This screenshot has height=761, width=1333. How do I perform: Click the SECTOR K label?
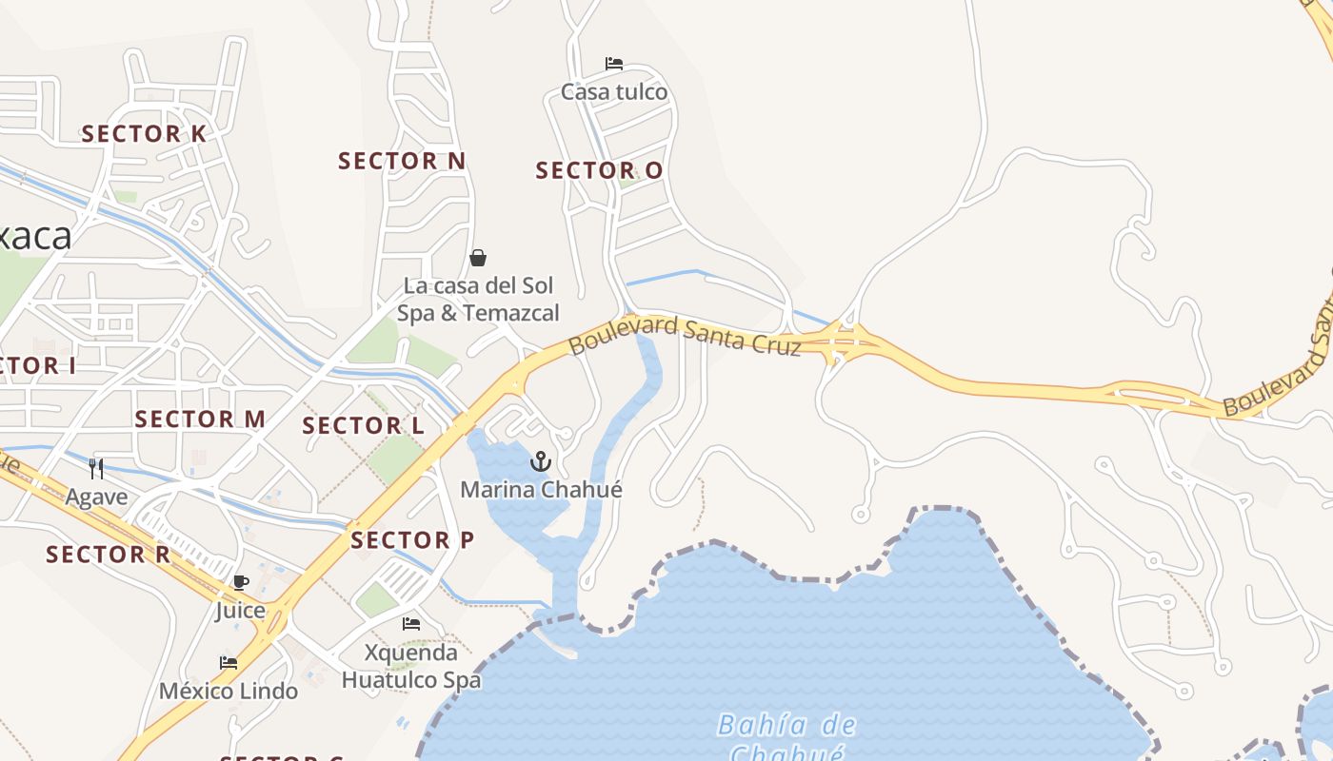coord(144,134)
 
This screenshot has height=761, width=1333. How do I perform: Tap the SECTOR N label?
coord(402,162)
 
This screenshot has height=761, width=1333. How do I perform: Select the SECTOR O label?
coord(599,171)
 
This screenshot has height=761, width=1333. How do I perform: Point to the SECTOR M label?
coord(200,420)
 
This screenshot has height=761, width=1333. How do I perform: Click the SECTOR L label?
coord(364,426)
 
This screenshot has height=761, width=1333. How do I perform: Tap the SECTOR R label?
coord(109,555)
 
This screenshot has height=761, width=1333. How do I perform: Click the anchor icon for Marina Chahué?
coord(541,462)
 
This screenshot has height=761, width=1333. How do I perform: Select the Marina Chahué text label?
coord(541,490)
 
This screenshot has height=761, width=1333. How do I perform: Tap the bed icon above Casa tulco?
coord(614,65)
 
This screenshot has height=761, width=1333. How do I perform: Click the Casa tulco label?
coord(614,92)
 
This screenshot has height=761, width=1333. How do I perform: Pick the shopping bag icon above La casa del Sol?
coord(478,258)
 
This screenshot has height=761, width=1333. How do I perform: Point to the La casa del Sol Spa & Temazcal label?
coord(478,300)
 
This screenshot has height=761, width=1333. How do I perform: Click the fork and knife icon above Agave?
coord(96,468)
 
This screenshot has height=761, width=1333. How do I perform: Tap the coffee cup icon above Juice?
coord(240,582)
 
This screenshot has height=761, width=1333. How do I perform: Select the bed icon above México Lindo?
coord(229,663)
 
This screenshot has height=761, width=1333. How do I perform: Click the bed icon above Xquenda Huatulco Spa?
coord(411,624)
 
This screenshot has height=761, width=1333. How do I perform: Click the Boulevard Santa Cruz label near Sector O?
coord(686,335)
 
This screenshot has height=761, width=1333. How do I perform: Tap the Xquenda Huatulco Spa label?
coord(411,667)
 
